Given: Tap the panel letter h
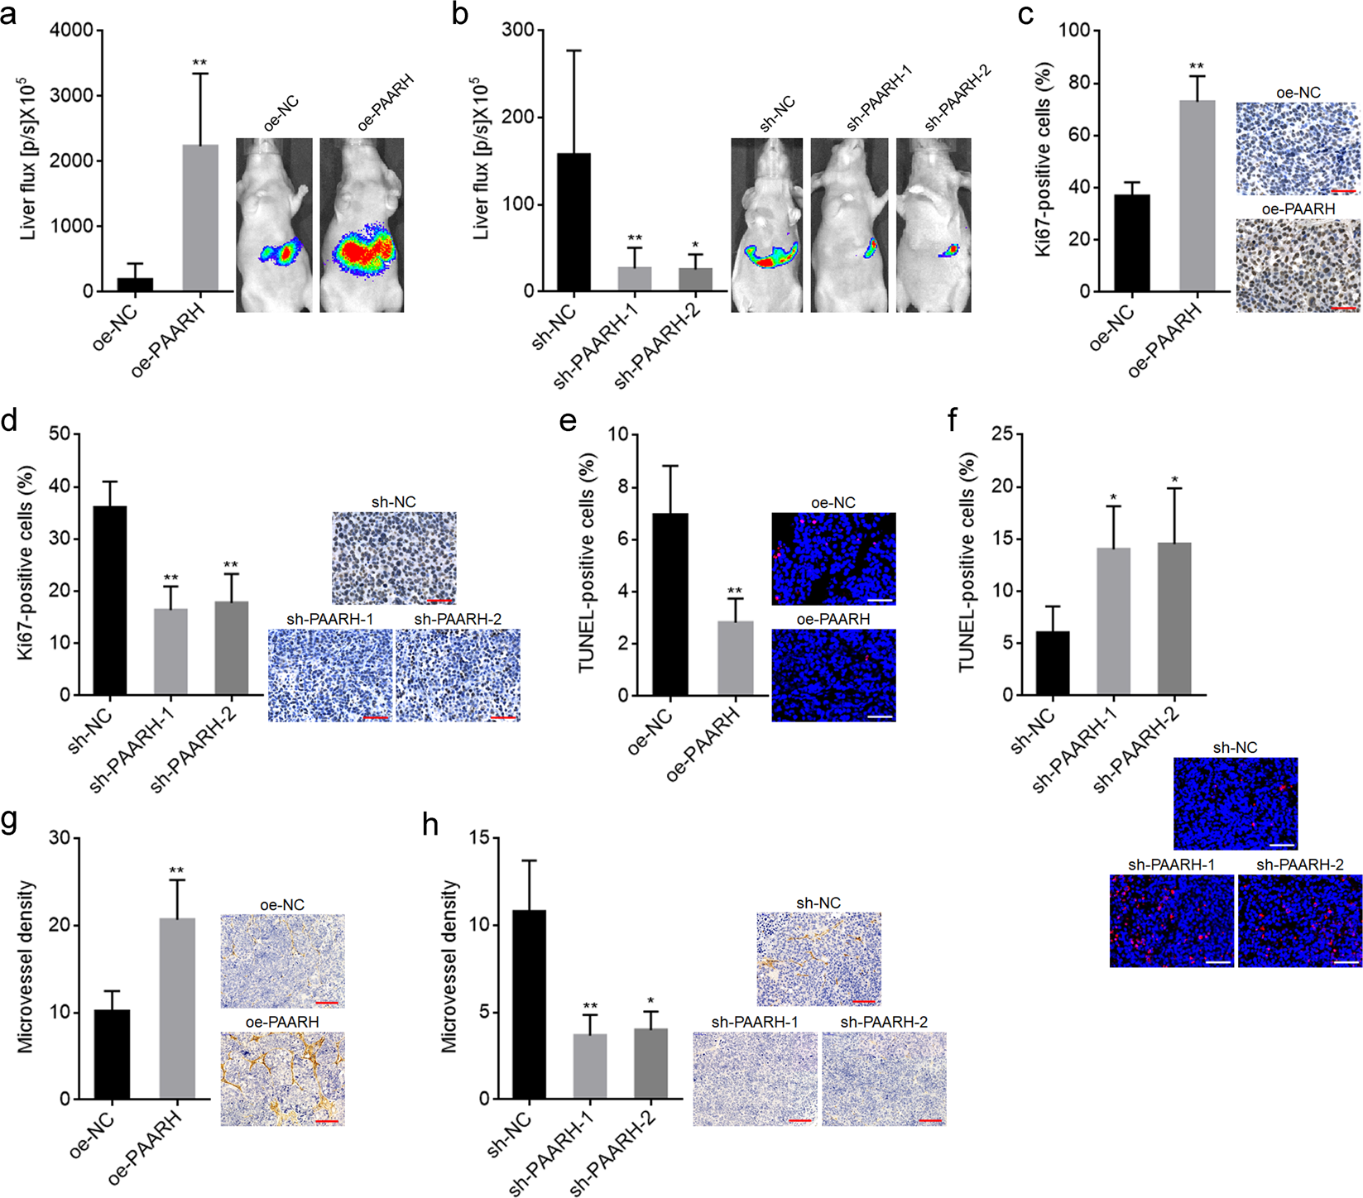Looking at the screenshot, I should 430,825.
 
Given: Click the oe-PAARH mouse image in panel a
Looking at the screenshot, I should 362,225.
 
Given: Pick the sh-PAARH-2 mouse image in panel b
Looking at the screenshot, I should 933,225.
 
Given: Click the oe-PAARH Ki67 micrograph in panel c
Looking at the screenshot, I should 1298,265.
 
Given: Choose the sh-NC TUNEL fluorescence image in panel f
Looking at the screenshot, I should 1235,803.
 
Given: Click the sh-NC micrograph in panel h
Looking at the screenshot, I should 818,959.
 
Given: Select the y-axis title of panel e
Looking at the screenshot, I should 587,563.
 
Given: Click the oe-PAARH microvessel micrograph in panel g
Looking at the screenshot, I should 282,1079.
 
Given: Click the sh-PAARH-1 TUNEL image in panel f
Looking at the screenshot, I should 1171,921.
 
